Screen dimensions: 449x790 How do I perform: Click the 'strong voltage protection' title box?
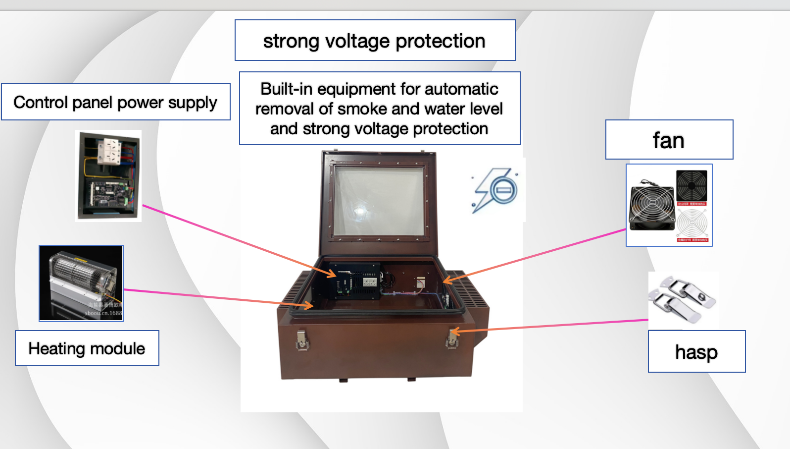375,41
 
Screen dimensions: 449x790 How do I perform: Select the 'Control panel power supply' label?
115,102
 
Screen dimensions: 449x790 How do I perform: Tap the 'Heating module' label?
87,348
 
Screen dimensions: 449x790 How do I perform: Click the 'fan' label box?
669,140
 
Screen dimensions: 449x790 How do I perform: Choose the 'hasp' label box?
696,352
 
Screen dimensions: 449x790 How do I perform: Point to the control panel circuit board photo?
108,175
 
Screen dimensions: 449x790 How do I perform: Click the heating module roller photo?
81,283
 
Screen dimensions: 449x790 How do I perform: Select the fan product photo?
669,205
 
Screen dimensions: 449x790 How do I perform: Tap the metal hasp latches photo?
683,300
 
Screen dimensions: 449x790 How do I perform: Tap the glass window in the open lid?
379,200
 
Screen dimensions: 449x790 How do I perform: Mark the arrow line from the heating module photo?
208,296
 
